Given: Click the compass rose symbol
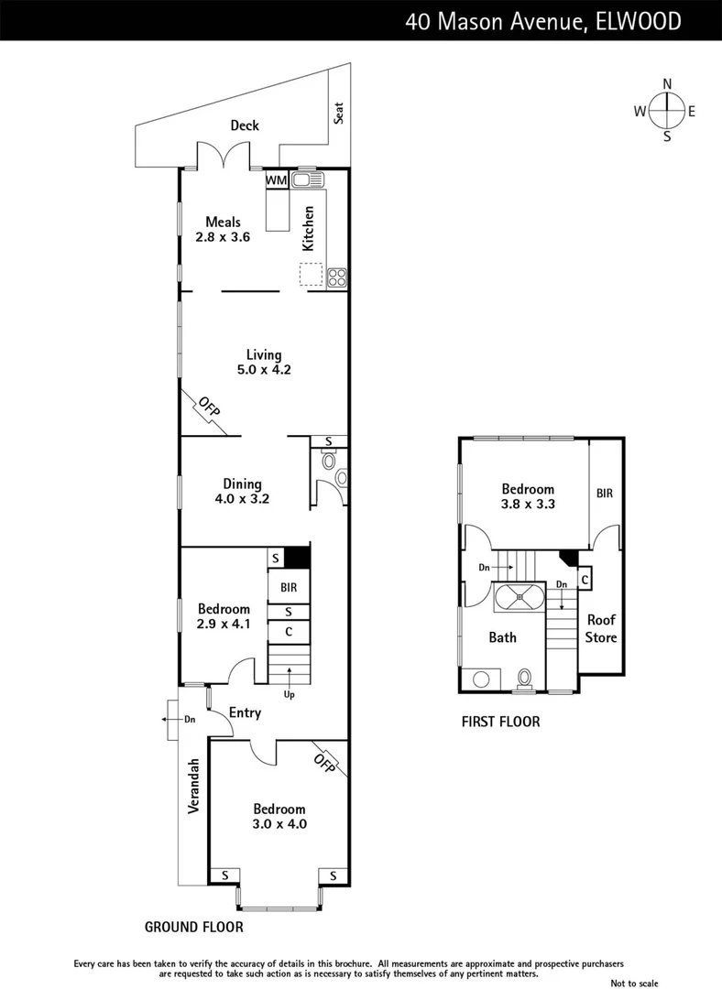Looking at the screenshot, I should click(x=667, y=111).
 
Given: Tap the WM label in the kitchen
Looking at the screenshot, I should click(x=276, y=181).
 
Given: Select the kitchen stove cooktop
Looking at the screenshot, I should click(x=336, y=275).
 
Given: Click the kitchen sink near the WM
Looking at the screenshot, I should click(x=304, y=179).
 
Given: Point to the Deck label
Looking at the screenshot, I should click(x=245, y=125).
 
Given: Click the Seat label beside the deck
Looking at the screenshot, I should click(x=338, y=113).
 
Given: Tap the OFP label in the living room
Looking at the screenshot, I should click(x=210, y=407).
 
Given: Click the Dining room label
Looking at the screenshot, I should click(x=242, y=484).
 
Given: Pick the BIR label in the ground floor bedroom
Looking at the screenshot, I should click(x=289, y=588).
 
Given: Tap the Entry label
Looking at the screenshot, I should click(x=245, y=712).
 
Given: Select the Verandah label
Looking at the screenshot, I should click(x=194, y=787).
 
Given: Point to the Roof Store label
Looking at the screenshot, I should click(x=602, y=628).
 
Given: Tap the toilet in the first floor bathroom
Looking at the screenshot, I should click(x=525, y=677).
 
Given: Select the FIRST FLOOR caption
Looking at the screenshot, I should click(x=500, y=722).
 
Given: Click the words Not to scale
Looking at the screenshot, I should click(x=634, y=983).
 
